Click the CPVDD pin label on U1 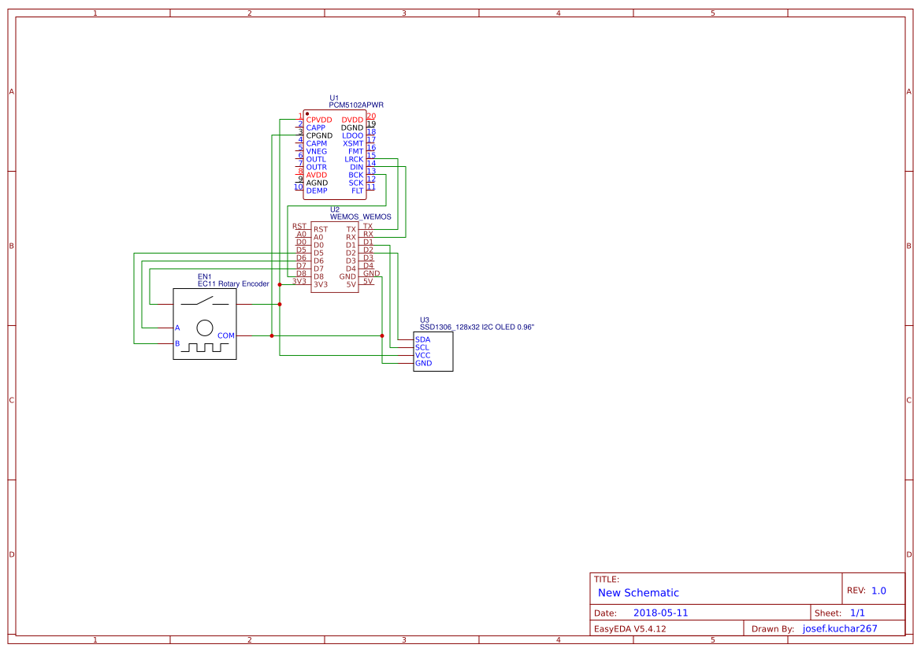[319, 120]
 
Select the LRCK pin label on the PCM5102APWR [354, 159]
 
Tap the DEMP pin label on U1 [317, 191]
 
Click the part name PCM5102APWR [356, 105]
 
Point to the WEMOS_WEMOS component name [360, 217]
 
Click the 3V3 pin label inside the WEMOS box [320, 284]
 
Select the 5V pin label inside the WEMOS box [351, 284]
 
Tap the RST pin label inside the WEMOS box [321, 229]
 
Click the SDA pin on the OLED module [422, 339]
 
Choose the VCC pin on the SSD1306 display [423, 355]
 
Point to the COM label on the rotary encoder [226, 335]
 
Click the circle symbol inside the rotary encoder [205, 328]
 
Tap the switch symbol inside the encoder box [204, 302]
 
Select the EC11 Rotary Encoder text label [233, 283]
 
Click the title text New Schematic [638, 593]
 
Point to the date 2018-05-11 [660, 613]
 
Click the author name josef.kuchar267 [840, 628]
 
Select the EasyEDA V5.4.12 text [630, 628]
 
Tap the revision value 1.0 [878, 591]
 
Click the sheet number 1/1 [857, 613]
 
